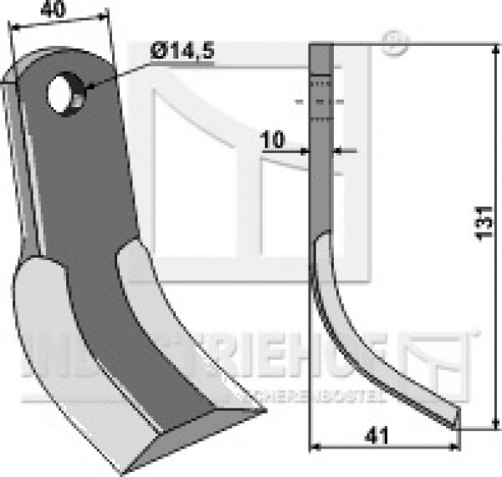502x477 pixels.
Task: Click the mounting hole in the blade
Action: (64, 94)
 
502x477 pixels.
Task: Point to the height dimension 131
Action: (484, 223)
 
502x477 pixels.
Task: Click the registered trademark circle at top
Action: (392, 44)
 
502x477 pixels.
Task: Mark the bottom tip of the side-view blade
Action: (456, 426)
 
